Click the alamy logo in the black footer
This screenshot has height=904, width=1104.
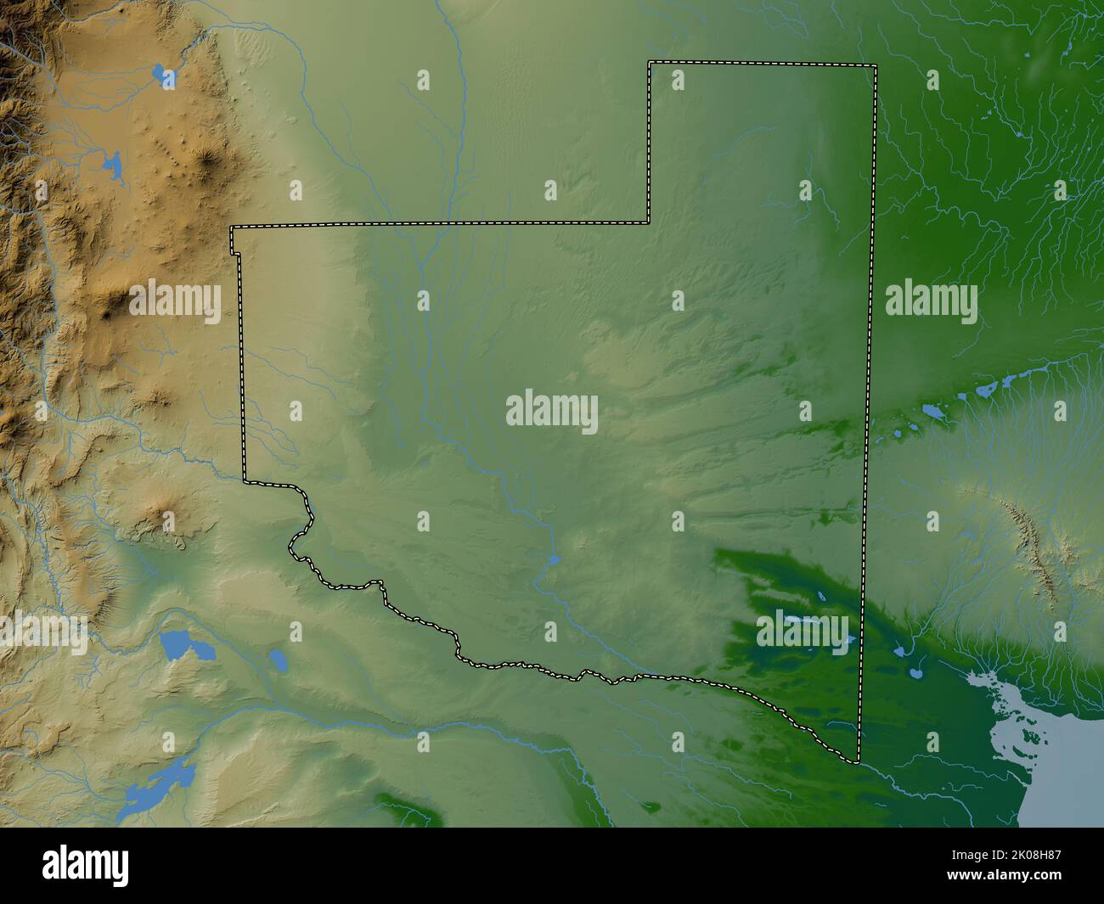click(86, 865)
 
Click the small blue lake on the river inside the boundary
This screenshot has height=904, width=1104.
click(553, 560)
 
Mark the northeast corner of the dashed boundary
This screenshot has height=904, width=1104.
click(876, 65)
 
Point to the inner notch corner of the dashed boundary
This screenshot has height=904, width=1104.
click(649, 223)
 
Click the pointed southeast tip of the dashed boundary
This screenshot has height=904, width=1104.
click(856, 760)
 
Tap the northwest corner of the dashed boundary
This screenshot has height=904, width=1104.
click(232, 227)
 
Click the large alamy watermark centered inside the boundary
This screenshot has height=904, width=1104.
click(552, 411)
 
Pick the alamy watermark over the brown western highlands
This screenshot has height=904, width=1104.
click(175, 301)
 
